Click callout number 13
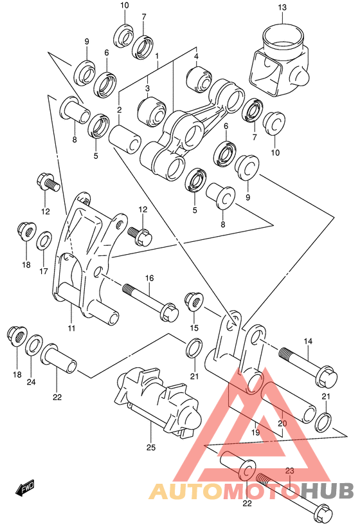[x=282, y=7]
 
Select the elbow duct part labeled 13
[x=279, y=65]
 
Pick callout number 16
[x=149, y=279]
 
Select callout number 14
[x=307, y=341]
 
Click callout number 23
[x=289, y=471]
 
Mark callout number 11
[x=71, y=329]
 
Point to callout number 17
[x=43, y=271]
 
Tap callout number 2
[x=119, y=110]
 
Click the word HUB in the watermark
[x=327, y=492]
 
